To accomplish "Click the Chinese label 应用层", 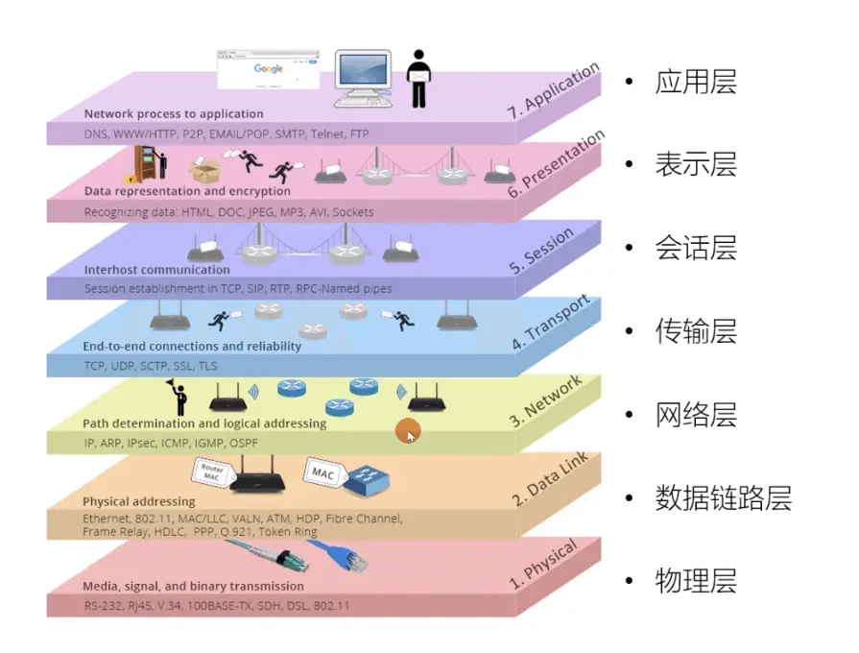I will pos(696,83).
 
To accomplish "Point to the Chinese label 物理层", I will pos(696,581).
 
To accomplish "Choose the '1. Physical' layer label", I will pos(542,564).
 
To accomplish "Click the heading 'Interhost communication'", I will pos(143,270).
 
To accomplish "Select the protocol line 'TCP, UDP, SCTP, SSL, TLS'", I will pos(151,366).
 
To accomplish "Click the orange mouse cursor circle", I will pos(408,432).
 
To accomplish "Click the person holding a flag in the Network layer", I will pos(178,397).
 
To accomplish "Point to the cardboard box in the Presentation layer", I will pos(203,171).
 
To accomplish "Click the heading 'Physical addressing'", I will pos(138,501).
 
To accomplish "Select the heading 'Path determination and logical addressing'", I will pos(204,423).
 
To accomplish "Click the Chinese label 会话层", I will pos(696,249).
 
